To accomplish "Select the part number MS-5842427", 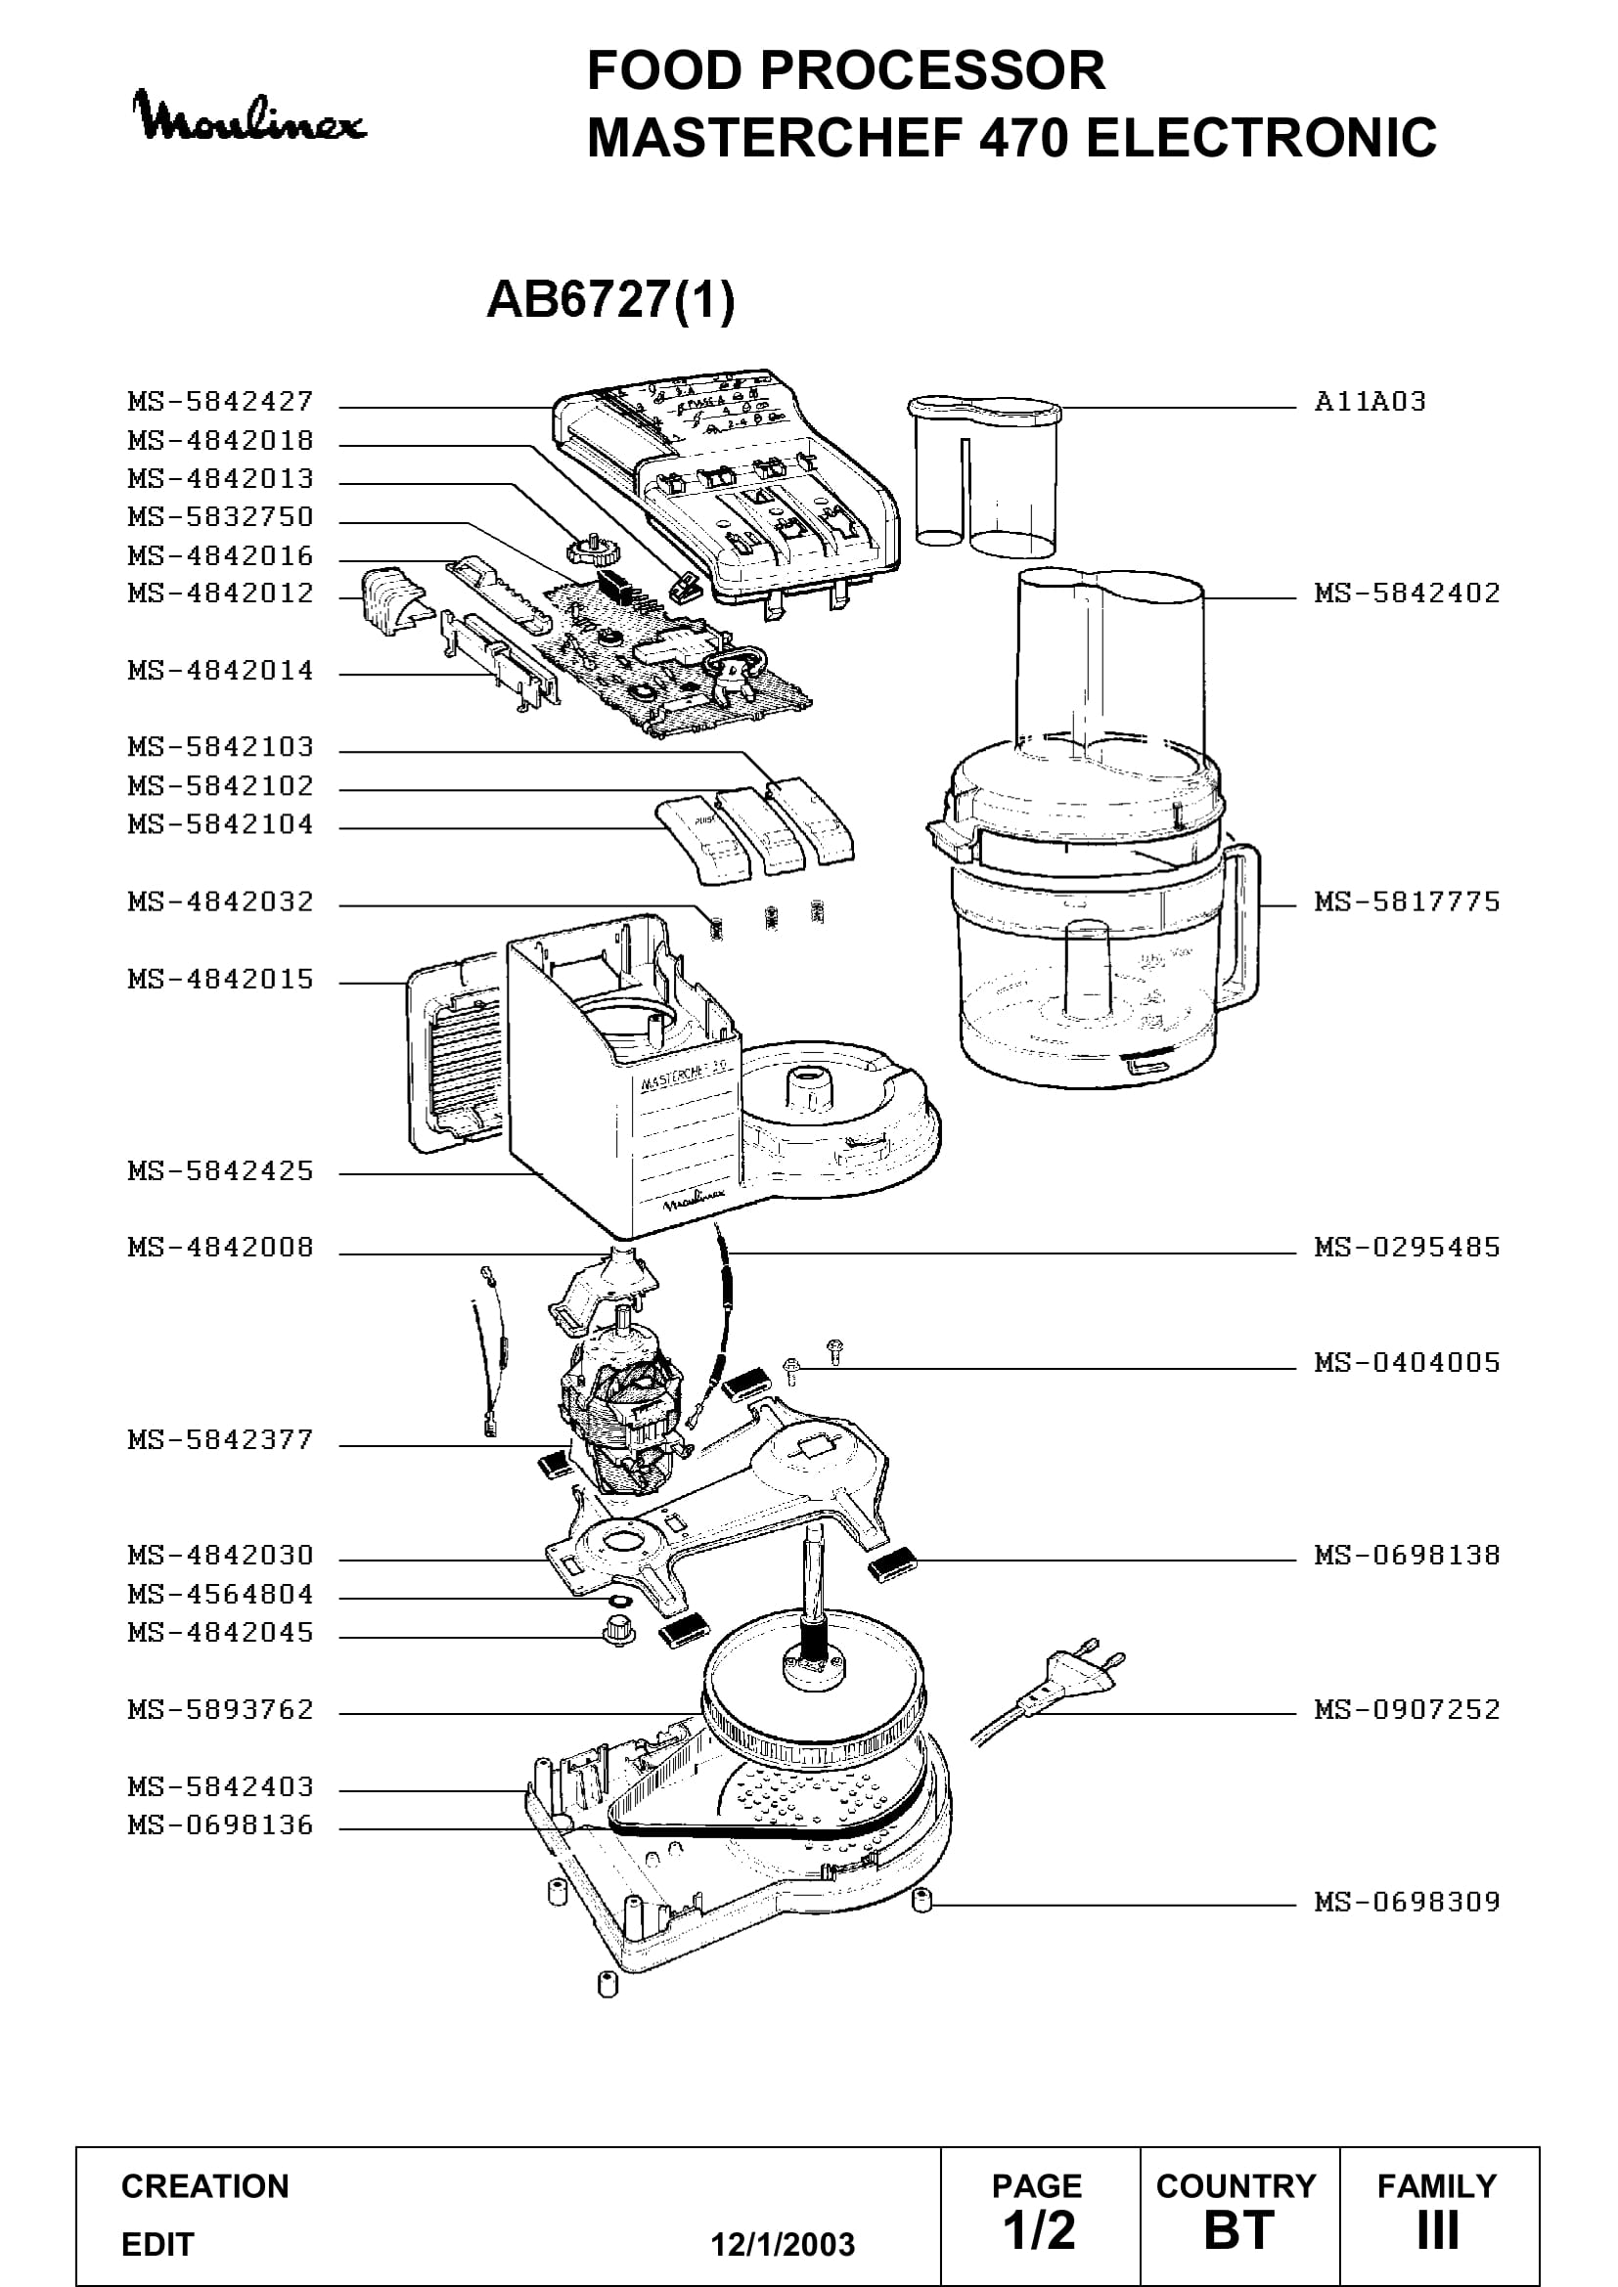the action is [221, 402].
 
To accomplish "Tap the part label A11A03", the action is [1370, 402].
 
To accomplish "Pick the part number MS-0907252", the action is [1407, 1709].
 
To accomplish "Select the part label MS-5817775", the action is [1407, 902].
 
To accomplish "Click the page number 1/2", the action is [1039, 2230].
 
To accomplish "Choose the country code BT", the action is [1239, 2230].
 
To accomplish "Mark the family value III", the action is [1438, 2230].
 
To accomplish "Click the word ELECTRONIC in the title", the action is [1261, 138].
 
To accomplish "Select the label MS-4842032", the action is [221, 902].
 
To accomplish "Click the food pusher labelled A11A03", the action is [984, 473].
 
